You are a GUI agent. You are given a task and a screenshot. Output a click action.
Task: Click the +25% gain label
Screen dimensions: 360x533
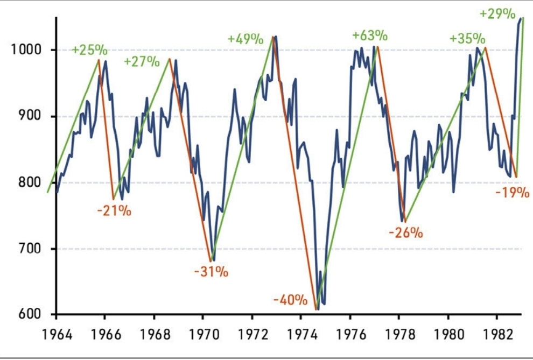point(89,51)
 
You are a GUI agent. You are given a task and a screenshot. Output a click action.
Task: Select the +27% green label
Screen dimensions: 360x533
point(142,61)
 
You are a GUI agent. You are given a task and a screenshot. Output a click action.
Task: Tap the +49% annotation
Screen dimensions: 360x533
point(245,39)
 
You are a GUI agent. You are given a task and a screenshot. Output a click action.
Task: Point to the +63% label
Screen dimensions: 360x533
point(370,36)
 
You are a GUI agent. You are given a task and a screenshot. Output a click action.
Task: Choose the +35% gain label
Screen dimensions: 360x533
point(467,39)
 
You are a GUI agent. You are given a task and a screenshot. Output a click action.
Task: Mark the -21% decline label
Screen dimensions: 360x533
point(114,210)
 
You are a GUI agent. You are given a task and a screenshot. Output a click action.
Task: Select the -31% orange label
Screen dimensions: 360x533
point(211,272)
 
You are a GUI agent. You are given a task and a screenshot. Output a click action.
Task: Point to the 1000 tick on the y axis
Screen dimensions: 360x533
point(26,51)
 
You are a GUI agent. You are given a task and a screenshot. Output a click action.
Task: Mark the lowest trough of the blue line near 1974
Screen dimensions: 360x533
point(318,309)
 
